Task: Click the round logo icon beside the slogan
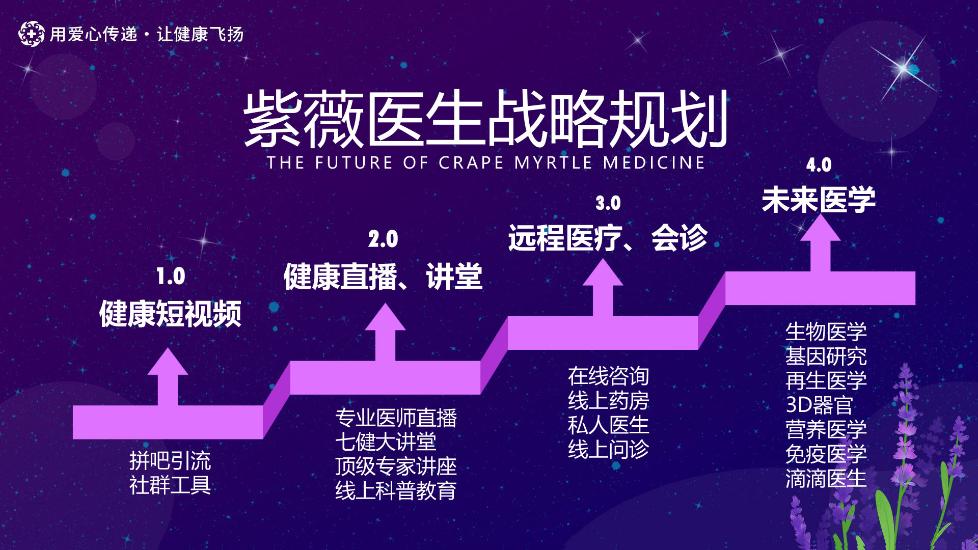[32, 34]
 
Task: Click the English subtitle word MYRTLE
[554, 162]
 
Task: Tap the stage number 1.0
[171, 277]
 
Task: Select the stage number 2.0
[383, 239]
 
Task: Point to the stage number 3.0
[608, 203]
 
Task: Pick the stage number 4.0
[819, 165]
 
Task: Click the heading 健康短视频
[170, 314]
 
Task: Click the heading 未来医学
[819, 200]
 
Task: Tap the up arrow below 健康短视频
[168, 377]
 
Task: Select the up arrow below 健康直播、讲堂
[385, 332]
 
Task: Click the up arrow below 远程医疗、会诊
[603, 288]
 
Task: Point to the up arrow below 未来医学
[821, 243]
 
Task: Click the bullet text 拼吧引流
[170, 461]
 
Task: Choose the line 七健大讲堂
[386, 442]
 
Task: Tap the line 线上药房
[609, 401]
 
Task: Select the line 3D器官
[820, 405]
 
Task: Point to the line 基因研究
[826, 356]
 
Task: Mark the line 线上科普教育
[396, 491]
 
